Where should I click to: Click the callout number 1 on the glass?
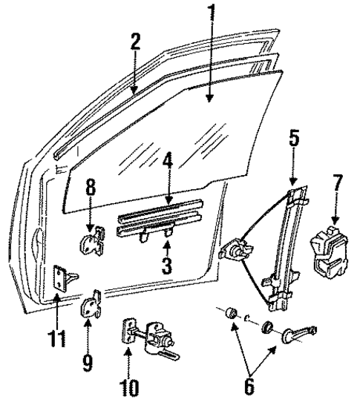point(213,14)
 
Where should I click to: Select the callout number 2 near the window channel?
point(134,42)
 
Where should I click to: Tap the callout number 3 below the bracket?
point(168,265)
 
